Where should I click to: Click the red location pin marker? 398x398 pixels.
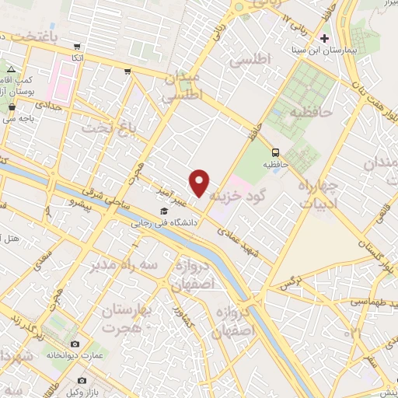200,182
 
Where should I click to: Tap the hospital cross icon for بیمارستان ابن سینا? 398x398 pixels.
326,38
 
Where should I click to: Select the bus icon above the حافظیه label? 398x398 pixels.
276,152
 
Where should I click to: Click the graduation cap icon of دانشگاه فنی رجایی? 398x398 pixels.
164,211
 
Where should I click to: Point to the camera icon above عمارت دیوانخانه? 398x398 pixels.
75,344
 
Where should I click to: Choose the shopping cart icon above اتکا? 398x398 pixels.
127,72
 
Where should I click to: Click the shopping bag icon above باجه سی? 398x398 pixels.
12,108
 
